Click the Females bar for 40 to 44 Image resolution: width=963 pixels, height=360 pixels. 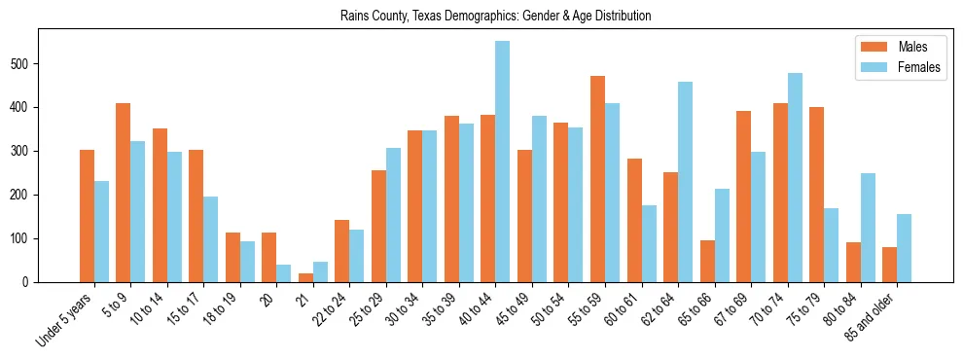(x=503, y=162)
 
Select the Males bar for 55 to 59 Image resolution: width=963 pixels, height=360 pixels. (x=597, y=179)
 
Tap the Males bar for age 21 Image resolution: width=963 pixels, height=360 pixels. (x=305, y=277)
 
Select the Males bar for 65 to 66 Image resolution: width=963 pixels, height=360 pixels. (x=707, y=261)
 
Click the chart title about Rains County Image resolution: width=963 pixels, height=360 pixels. (x=495, y=17)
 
